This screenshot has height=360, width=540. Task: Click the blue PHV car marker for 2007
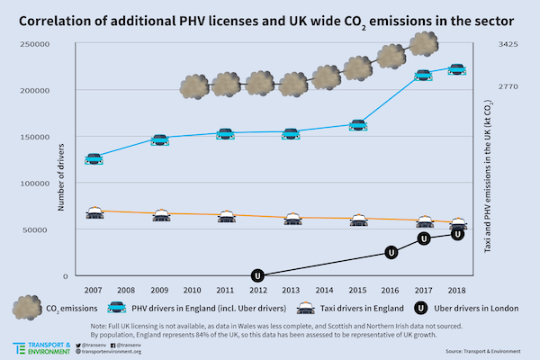tap(94, 159)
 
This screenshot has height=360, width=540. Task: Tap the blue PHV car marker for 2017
tap(424, 75)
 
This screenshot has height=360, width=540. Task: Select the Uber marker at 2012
tap(258, 275)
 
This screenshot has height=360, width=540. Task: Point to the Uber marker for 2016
tap(391, 253)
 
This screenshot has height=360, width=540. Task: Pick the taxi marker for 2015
tap(358, 219)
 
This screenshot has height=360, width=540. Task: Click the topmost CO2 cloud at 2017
tap(424, 44)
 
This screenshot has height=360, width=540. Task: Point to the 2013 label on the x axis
tap(292, 291)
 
